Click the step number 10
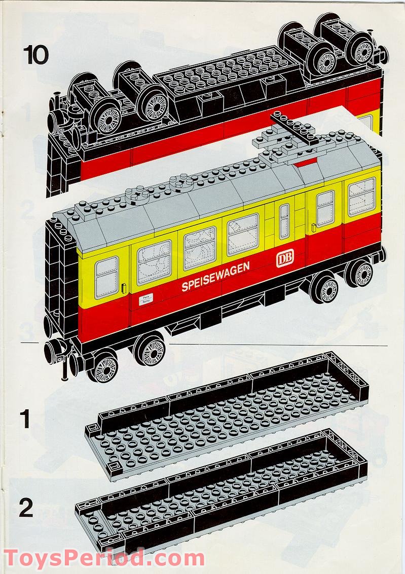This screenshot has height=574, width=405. (x=35, y=55)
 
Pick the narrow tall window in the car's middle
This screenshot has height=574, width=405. (x=284, y=221)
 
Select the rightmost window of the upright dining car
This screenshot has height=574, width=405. (x=361, y=197)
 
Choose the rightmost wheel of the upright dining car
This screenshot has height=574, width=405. (x=361, y=274)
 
